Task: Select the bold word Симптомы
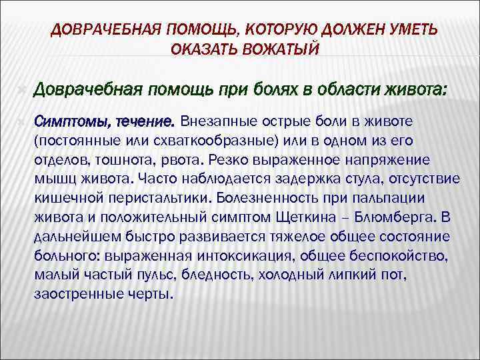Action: (72, 123)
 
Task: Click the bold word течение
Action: (145, 123)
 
